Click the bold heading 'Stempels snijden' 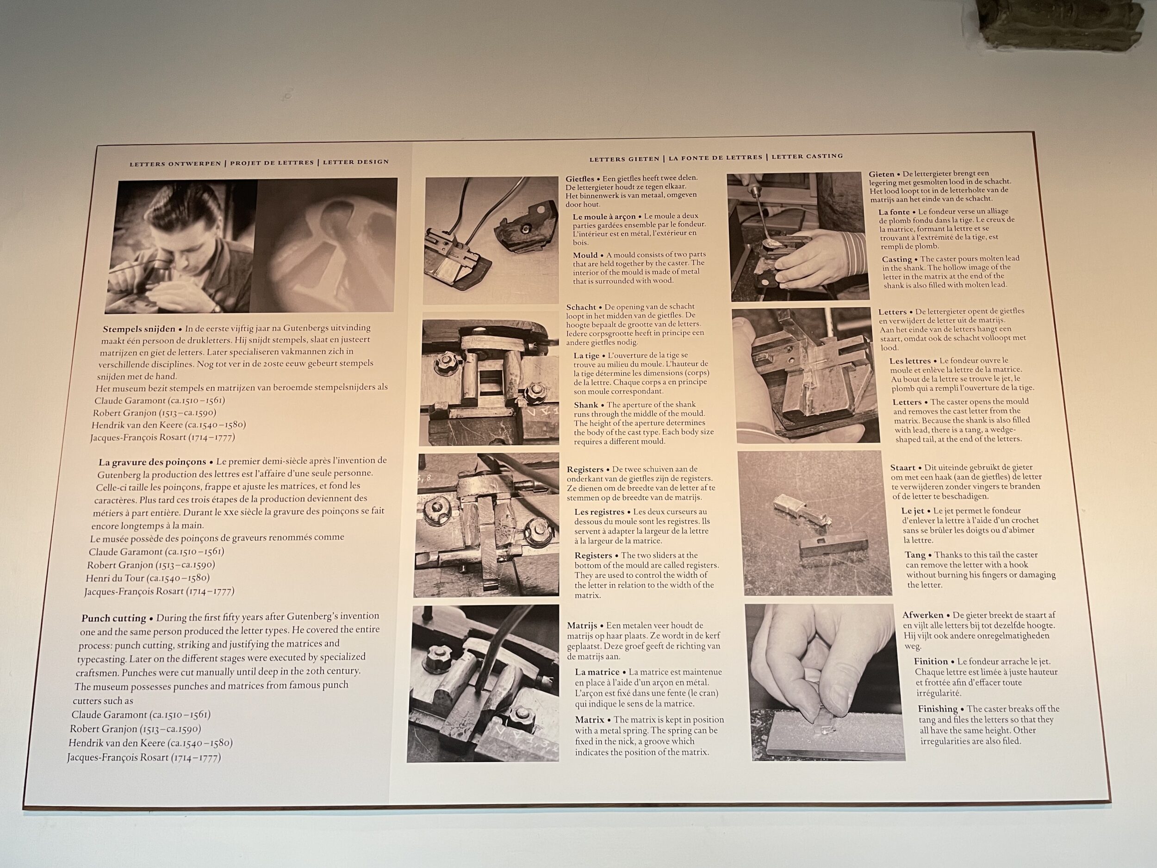pos(139,329)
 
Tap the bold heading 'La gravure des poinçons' pos(152,462)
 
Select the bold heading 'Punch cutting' pos(113,618)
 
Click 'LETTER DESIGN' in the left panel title pos(356,162)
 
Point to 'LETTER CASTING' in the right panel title pos(807,156)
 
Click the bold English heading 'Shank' pos(586,405)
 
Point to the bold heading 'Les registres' pos(599,512)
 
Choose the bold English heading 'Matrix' pos(590,720)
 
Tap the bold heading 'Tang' pos(915,555)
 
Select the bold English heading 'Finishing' pos(938,709)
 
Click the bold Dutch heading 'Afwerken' pos(923,615)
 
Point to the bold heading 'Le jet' pos(913,511)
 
